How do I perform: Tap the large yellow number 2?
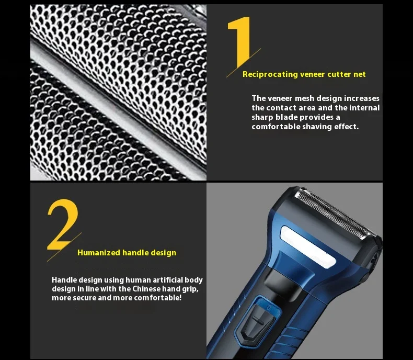click(x=63, y=225)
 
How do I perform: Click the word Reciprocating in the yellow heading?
click(x=270, y=74)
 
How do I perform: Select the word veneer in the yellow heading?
click(x=313, y=74)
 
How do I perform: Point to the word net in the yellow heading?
click(x=360, y=74)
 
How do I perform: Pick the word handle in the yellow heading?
click(x=136, y=253)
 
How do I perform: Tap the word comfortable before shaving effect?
click(x=276, y=127)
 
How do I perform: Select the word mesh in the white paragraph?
click(x=313, y=98)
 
